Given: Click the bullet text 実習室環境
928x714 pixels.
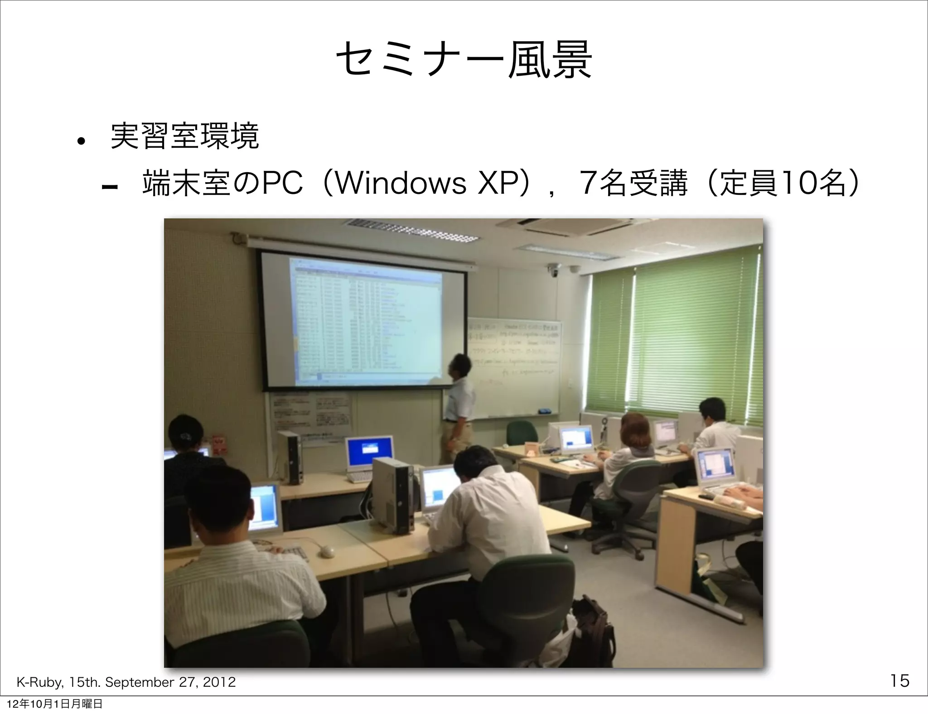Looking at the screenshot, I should (184, 136).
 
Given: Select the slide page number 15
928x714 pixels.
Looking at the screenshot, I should (899, 680).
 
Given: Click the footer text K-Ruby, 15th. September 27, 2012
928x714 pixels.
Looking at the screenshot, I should (126, 682).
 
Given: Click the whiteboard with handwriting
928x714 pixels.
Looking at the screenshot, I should (514, 367).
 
